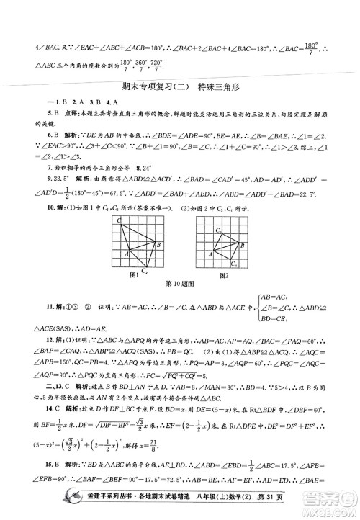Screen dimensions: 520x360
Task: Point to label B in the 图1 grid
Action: [157, 246]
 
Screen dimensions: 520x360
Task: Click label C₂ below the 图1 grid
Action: [145, 272]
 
